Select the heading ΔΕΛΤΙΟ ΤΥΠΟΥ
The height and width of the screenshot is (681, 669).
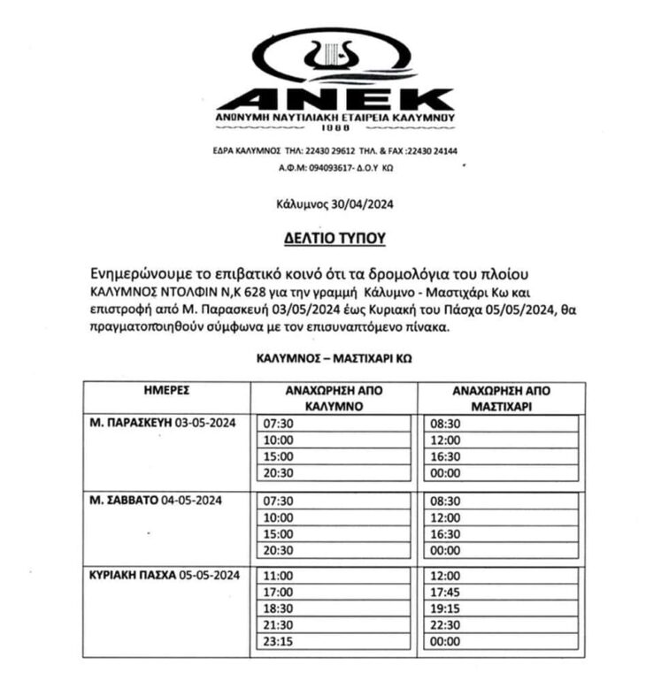coord(334,238)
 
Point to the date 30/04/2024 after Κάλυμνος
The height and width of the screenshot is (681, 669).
coord(361,204)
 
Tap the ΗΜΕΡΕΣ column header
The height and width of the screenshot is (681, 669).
coord(167,389)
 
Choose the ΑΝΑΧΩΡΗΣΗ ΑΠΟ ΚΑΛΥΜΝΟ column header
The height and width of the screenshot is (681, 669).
coord(334,397)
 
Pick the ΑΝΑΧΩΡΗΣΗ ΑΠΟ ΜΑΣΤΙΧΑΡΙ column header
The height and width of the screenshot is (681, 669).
coord(503,397)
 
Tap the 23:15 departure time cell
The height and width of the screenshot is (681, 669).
coord(279,641)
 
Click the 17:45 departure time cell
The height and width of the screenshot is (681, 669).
coord(444,592)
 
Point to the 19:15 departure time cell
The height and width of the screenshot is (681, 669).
coord(444,608)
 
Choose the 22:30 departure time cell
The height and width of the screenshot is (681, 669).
coord(444,624)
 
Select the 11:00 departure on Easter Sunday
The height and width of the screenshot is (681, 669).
coord(279,575)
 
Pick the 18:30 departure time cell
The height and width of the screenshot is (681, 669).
coord(279,608)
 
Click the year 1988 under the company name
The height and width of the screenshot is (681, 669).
coord(334,126)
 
